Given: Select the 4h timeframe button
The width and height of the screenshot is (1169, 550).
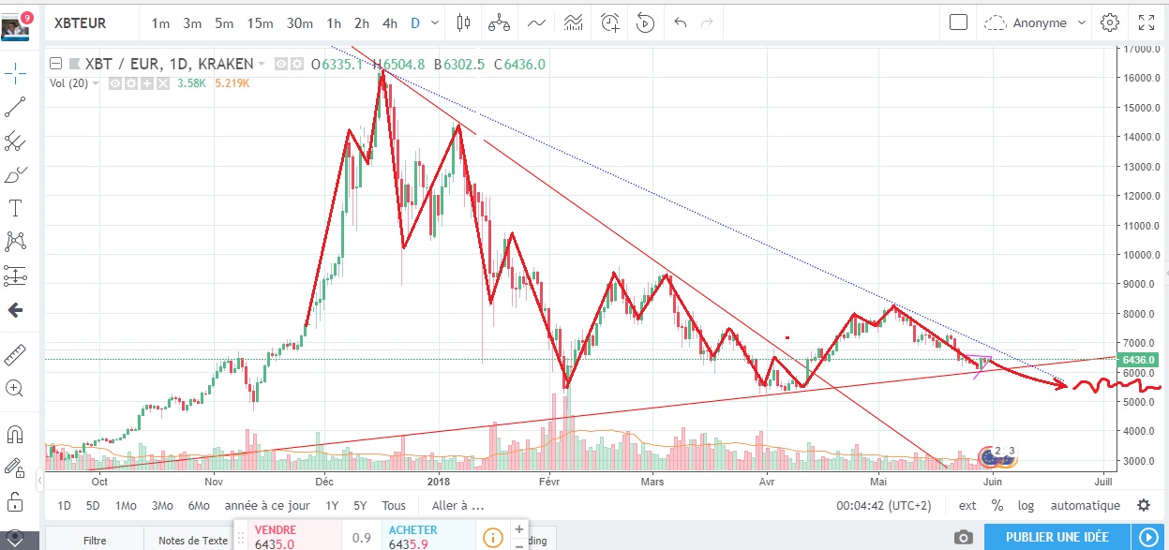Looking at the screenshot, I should (x=390, y=22).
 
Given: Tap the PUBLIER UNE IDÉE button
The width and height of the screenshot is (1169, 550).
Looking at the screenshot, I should (x=1057, y=537).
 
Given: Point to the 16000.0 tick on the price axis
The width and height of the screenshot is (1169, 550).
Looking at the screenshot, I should (x=1145, y=78).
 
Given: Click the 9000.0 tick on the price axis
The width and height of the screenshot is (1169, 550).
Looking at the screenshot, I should (x=1145, y=284).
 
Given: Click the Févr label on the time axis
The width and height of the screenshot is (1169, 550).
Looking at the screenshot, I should (x=550, y=482).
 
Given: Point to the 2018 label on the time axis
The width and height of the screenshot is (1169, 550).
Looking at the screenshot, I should (x=439, y=482).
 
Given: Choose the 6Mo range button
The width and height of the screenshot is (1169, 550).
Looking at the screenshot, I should (x=199, y=506).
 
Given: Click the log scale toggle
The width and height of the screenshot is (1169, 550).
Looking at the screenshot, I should (x=1027, y=506).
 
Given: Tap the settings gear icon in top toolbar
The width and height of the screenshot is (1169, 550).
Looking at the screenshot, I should (x=1110, y=22).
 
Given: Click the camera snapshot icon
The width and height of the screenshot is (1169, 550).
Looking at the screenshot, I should (x=963, y=537).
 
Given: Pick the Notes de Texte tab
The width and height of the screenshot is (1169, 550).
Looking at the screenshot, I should (x=193, y=540).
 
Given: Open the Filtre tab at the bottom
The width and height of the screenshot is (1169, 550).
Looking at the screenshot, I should (x=95, y=540).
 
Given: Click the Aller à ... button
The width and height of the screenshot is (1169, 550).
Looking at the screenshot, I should (x=457, y=506).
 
